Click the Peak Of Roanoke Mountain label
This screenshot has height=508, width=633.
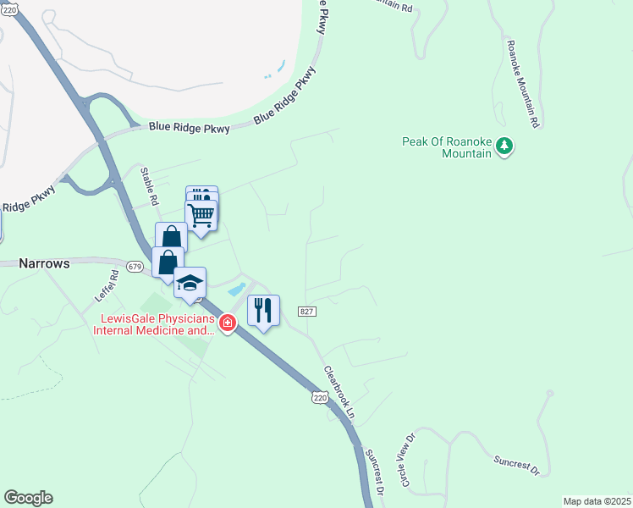click(x=447, y=147)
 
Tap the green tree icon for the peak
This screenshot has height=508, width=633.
click(x=504, y=146)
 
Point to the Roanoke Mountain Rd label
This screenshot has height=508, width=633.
click(x=522, y=83)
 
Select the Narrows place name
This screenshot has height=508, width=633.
click(x=44, y=263)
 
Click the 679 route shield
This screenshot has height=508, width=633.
click(x=135, y=266)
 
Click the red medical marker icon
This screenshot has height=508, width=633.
click(x=227, y=323)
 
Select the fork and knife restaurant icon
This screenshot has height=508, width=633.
click(x=263, y=310)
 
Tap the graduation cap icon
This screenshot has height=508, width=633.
click(x=190, y=283)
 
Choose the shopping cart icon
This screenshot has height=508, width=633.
click(x=201, y=214)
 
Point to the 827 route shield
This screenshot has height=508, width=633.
click(x=307, y=312)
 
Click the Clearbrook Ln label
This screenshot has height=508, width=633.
click(x=339, y=391)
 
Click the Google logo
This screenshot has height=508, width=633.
click(x=28, y=498)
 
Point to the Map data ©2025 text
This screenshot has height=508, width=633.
click(x=596, y=501)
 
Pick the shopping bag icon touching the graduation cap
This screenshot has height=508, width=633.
click(x=168, y=262)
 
